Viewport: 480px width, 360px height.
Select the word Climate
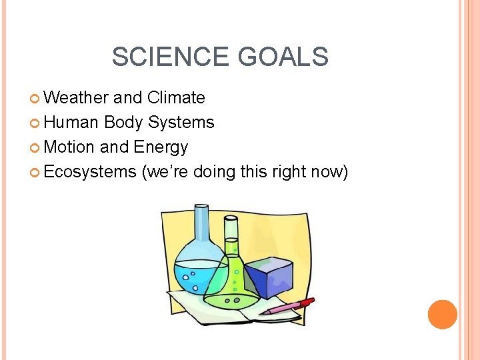pos(176,98)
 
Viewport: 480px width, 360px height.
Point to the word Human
pos(71,123)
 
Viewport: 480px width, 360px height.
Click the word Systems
pos(181,123)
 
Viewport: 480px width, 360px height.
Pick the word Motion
pos(69,147)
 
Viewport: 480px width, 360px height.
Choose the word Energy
pos(161,147)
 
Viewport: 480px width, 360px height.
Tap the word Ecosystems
pos(90,171)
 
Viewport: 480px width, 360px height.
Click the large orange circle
pos(442,315)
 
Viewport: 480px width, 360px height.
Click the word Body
pos(124,123)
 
